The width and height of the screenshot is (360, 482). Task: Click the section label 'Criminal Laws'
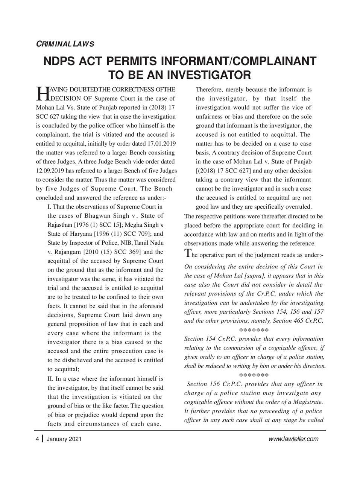tap(65, 44)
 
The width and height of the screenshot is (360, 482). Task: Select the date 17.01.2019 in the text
tap(160, 144)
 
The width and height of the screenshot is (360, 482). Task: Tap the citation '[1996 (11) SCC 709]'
tap(128, 234)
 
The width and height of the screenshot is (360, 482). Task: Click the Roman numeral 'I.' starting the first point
tap(49, 207)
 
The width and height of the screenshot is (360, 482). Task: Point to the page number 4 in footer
tap(37, 439)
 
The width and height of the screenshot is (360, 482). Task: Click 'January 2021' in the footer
tap(63, 439)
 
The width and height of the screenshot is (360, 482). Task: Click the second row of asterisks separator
tap(254, 375)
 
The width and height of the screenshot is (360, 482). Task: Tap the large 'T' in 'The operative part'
tap(188, 254)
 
